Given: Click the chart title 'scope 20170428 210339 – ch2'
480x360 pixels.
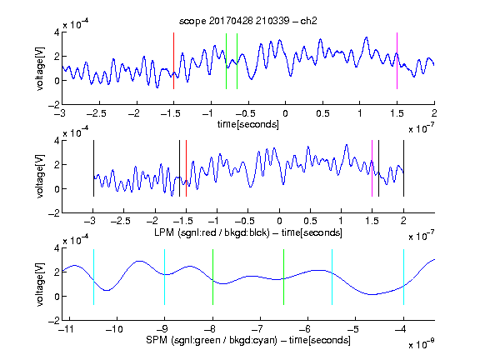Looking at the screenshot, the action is [248, 21].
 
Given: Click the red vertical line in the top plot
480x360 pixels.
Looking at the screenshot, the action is [173, 61].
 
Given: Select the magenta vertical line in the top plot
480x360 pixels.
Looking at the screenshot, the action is [397, 61].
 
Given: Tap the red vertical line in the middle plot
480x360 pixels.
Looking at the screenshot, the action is [186, 168].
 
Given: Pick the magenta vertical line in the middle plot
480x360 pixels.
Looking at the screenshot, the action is [372, 168].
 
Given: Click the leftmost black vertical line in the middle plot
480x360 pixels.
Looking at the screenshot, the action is [93, 168].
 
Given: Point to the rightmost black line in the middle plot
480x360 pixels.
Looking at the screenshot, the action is [403, 168].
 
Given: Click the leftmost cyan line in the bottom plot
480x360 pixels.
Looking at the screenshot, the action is [93, 277].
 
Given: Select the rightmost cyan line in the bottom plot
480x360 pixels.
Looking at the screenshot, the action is [403, 277].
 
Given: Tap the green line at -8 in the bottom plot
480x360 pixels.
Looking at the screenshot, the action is [212, 277].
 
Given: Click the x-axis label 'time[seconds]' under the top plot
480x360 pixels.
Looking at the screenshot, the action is [248, 124].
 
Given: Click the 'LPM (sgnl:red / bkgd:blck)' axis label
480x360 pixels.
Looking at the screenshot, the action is [212, 232].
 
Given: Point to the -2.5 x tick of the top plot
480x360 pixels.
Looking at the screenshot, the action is [97, 114].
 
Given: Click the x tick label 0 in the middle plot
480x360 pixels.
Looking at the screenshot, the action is [279, 221].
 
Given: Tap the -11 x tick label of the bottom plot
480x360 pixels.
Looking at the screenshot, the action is [68, 329].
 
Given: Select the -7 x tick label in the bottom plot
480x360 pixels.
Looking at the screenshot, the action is [257, 329].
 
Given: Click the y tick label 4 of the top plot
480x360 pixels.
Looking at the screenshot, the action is [57, 32].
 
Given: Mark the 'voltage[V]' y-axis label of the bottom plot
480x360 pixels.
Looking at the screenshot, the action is [40, 284].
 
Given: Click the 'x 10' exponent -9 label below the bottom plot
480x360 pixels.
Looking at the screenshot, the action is [421, 343].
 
